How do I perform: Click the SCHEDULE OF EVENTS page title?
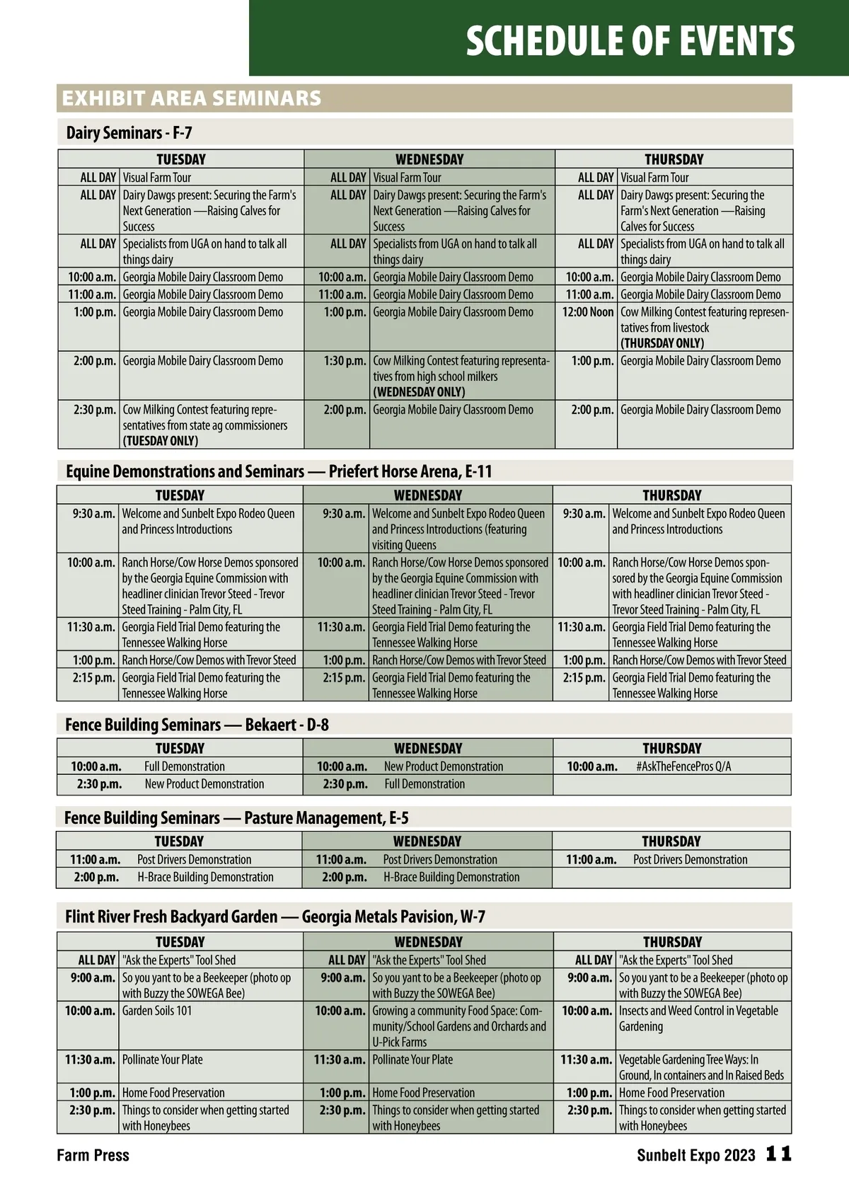pyautogui.click(x=630, y=41)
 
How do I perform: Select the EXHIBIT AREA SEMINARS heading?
pyautogui.click(x=192, y=98)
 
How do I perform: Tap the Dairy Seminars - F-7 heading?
pyautogui.click(x=129, y=133)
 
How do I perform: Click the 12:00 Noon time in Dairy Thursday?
pyautogui.click(x=587, y=312)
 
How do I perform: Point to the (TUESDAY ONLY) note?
pyautogui.click(x=161, y=441)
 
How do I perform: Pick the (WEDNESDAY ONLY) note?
pyautogui.click(x=419, y=392)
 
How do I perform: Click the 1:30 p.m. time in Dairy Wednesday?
pyautogui.click(x=345, y=361)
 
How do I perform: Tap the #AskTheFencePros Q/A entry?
pyautogui.click(x=683, y=766)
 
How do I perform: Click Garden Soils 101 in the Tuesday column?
pyautogui.click(x=157, y=1011)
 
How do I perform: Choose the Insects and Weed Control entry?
pyautogui.click(x=698, y=1018)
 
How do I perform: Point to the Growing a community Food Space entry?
pyautogui.click(x=458, y=1026)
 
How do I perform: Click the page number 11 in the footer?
pyautogui.click(x=778, y=1155)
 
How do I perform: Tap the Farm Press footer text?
pyautogui.click(x=93, y=1156)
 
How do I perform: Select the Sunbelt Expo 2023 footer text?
pyautogui.click(x=695, y=1156)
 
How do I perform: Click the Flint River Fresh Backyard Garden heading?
pyautogui.click(x=275, y=917)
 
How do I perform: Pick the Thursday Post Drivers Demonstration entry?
pyautogui.click(x=690, y=860)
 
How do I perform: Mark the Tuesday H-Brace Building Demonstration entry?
pyautogui.click(x=205, y=878)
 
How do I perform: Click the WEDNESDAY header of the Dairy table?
pyautogui.click(x=429, y=159)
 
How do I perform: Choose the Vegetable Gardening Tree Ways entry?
pyautogui.click(x=701, y=1067)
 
